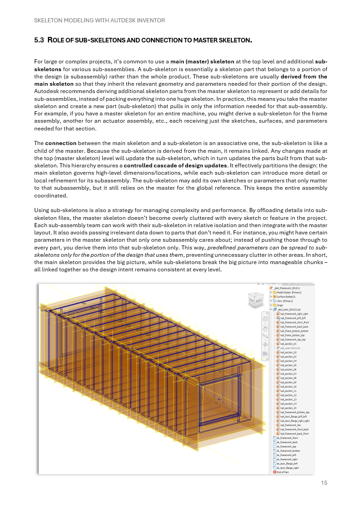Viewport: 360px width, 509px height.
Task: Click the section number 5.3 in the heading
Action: point(39,41)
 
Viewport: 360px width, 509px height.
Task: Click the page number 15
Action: point(324,483)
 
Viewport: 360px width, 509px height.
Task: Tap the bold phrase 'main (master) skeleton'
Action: point(202,61)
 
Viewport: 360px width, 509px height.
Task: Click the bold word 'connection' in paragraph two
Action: point(61,143)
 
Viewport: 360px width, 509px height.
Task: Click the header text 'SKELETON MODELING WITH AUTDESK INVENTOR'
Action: point(99,21)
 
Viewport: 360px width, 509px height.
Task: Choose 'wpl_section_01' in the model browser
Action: point(288,344)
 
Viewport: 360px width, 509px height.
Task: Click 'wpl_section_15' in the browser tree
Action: point(288,408)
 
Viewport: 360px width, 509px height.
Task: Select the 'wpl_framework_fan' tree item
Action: point(290,425)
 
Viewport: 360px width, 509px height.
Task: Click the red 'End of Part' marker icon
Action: point(274,472)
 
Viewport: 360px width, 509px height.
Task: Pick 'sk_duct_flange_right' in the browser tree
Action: point(287,468)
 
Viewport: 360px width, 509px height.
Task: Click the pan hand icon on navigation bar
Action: point(265,328)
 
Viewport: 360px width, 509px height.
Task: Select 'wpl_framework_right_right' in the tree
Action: point(294,314)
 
